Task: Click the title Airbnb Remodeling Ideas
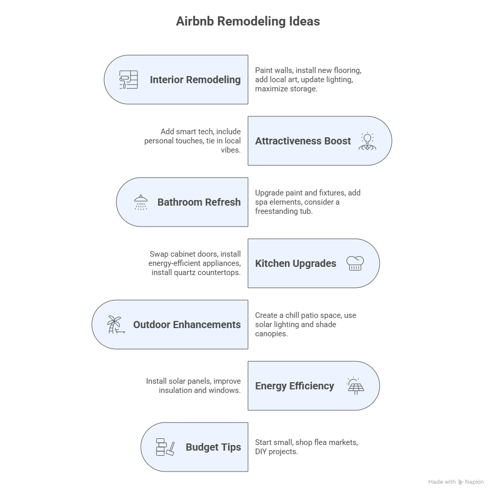(248, 21)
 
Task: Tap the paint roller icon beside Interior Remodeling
(129, 80)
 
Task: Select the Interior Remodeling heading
(195, 80)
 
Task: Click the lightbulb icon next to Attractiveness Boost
(367, 141)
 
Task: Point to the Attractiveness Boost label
(303, 141)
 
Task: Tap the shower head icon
(141, 202)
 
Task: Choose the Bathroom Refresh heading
(199, 202)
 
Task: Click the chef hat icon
(355, 263)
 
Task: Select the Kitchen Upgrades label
(296, 263)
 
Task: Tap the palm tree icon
(116, 325)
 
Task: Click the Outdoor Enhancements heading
(187, 325)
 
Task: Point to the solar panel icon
(355, 386)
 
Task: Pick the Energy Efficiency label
(294, 386)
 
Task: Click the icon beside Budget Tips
(165, 447)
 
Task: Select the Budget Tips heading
(213, 448)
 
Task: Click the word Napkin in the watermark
(474, 482)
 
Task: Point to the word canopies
(271, 334)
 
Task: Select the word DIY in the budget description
(261, 452)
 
